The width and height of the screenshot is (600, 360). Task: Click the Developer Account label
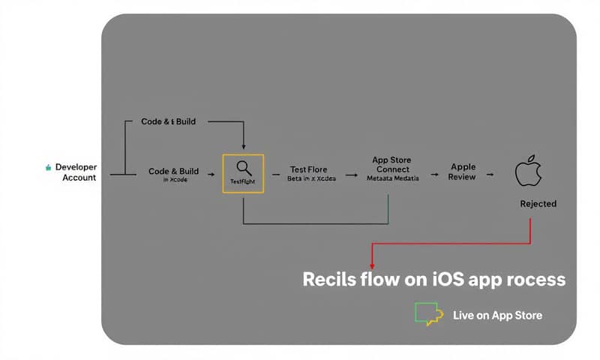tap(75, 172)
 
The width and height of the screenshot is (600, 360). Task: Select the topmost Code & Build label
tap(168, 121)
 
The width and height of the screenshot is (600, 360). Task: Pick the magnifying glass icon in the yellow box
tap(244, 168)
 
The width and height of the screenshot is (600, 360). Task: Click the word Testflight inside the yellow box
tap(244, 182)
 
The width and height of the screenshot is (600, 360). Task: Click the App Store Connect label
tap(391, 164)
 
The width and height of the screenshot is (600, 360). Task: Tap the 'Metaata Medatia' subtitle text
tap(391, 179)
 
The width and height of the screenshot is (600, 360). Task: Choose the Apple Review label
tap(463, 172)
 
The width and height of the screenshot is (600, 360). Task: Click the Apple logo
tap(528, 172)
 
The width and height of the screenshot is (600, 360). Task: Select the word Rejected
tap(538, 203)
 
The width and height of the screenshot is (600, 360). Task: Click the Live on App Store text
tap(497, 314)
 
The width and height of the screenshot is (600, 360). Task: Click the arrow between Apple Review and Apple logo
tap(490, 174)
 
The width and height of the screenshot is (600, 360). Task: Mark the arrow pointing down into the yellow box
tap(244, 144)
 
